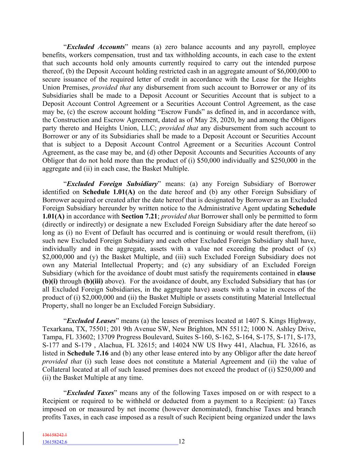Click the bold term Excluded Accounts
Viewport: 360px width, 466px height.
(x=96, y=47)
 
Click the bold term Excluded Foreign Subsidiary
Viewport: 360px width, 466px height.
(x=112, y=184)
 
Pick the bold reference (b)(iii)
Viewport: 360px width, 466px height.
(x=93, y=281)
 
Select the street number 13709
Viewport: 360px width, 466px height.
(x=100, y=337)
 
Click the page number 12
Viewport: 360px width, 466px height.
(x=182, y=441)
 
